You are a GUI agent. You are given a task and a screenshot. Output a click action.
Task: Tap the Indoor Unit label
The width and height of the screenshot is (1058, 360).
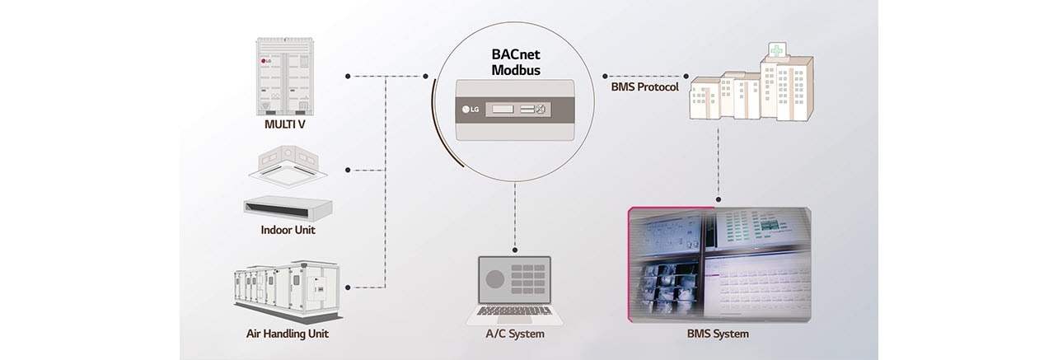(x=288, y=230)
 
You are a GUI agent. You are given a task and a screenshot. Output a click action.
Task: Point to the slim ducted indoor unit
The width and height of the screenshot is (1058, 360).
(x=288, y=206)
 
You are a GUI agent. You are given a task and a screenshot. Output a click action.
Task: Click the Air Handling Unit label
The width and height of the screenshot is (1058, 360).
(x=288, y=334)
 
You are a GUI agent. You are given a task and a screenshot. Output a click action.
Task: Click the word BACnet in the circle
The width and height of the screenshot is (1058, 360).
(x=516, y=55)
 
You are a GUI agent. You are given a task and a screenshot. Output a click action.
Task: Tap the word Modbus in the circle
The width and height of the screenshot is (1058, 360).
(x=516, y=70)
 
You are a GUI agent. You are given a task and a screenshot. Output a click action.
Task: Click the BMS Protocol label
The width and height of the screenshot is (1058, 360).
(x=644, y=86)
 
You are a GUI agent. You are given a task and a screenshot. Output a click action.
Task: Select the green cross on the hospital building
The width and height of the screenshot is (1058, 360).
(x=776, y=50)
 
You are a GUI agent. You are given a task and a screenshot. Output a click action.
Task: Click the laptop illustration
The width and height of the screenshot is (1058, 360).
(x=515, y=290)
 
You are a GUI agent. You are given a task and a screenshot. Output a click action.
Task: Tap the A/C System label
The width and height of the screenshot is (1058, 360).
(x=515, y=334)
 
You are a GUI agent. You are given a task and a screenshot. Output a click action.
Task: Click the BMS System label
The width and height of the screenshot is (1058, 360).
(x=718, y=334)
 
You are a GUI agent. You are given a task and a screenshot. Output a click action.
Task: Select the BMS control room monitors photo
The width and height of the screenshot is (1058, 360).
(x=719, y=264)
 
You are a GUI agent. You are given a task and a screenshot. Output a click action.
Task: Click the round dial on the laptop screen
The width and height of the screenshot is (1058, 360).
(x=494, y=279)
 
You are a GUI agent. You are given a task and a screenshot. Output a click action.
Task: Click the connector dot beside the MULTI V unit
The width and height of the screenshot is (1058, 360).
(x=348, y=76)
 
